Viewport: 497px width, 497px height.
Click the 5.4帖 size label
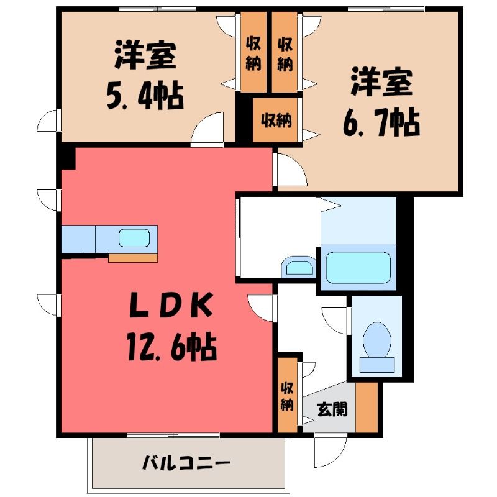(145, 96)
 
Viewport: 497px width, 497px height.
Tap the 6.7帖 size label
(381, 122)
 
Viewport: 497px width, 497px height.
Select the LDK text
(171, 305)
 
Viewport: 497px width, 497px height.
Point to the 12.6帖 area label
(172, 347)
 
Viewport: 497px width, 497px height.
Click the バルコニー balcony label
(186, 463)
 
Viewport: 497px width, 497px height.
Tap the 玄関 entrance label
(332, 409)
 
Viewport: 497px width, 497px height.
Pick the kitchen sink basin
(134, 238)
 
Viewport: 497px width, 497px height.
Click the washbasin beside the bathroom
(298, 267)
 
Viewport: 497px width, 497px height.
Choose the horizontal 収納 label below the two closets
(276, 120)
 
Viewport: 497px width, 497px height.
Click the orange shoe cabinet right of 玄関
(367, 408)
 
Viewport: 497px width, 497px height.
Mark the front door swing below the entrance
(330, 452)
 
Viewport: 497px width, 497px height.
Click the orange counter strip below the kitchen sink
(133, 258)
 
